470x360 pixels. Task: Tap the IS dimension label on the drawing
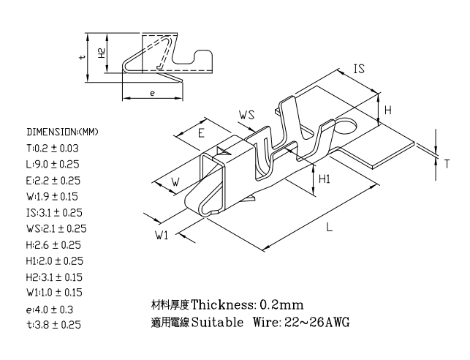[359, 69]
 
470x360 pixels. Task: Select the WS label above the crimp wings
[246, 115]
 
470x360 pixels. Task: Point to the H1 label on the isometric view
[325, 179]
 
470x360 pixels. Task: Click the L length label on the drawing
[330, 227]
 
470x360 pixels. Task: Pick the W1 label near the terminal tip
[162, 235]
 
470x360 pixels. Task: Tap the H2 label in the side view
[102, 53]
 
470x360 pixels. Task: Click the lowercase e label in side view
[152, 94]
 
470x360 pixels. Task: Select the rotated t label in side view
[83, 56]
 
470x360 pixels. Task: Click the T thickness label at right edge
[447, 164]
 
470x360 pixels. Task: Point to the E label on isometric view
[201, 133]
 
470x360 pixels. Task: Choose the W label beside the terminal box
[175, 181]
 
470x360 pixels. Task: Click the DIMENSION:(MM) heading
[62, 132]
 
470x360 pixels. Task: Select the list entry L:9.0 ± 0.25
[53, 165]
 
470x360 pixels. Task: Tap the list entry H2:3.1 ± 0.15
[54, 277]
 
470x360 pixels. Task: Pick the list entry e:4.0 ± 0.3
[50, 310]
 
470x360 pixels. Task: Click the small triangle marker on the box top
[224, 151]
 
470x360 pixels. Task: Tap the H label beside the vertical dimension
[388, 110]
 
